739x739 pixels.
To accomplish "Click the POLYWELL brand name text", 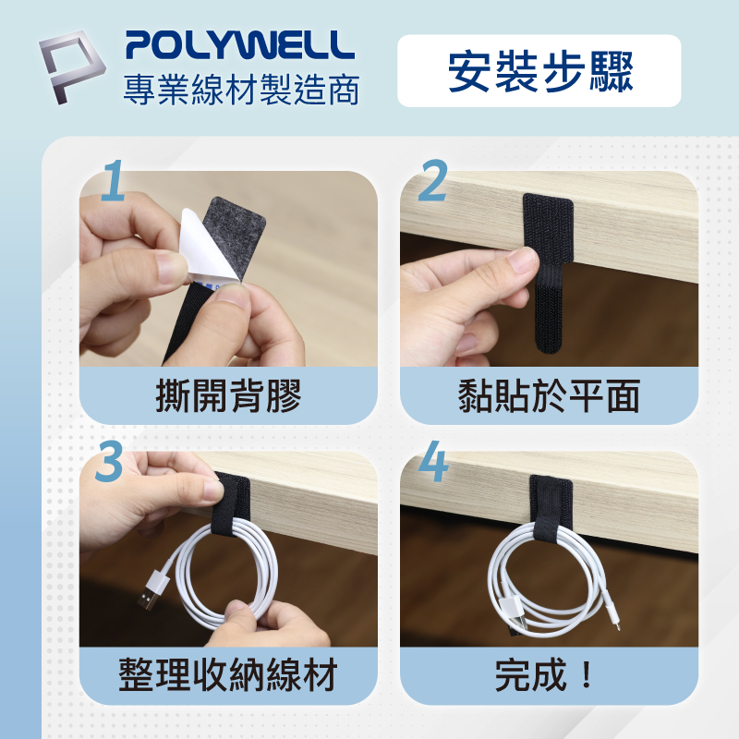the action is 240,45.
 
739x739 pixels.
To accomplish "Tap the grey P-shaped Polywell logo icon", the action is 72,67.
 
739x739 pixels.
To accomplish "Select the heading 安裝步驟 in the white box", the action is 540,72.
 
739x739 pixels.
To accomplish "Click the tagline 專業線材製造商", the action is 241,90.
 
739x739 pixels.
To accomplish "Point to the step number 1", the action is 113,180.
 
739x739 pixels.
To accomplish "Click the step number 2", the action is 432,180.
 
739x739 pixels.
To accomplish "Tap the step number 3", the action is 109,461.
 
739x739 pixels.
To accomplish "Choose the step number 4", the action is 433,461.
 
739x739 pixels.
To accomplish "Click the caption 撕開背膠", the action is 228,396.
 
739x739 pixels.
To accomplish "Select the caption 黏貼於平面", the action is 549,396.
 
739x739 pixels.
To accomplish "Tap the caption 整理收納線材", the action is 228,675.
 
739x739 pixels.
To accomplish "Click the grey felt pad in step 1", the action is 234,236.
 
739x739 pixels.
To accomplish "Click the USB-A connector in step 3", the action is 153,589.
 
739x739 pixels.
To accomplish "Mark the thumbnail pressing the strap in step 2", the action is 526,260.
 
